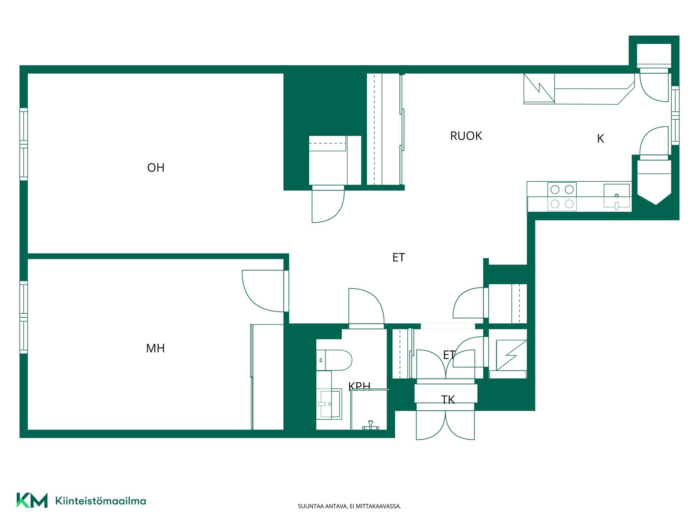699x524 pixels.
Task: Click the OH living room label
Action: point(156,167)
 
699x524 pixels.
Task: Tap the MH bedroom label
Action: point(155,348)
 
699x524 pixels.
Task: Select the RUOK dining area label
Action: point(466,136)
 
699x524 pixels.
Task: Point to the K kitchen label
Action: point(601,139)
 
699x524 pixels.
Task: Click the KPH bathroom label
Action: point(359,386)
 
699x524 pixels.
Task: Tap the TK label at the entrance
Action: point(448,400)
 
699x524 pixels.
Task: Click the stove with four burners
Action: point(562,196)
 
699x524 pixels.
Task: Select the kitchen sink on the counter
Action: point(617,196)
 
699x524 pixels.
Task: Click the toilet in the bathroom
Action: point(334,360)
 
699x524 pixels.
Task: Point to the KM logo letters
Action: point(32,500)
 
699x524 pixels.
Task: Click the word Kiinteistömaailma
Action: point(100,501)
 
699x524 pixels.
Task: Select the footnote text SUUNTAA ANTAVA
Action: point(322,506)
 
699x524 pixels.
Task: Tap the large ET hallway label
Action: point(399,258)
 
